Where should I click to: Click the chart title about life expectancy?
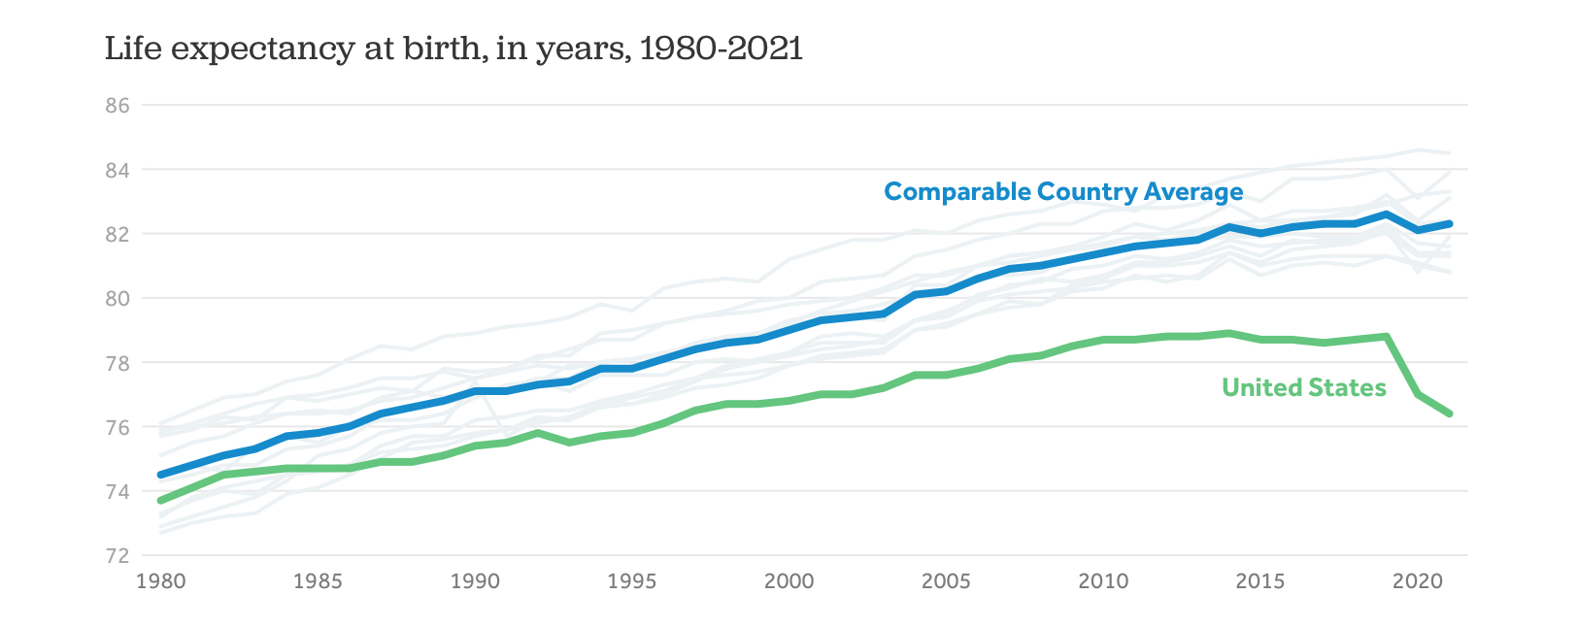[453, 49]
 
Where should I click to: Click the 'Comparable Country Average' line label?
[1063, 192]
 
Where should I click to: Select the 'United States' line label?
[1303, 388]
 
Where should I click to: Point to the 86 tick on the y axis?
[117, 106]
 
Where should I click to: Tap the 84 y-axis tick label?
[117, 171]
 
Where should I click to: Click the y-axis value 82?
[117, 235]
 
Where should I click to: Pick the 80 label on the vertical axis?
[117, 299]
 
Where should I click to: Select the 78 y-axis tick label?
[117, 364]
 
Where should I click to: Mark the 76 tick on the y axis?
[117, 428]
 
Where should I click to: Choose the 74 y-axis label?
[117, 492]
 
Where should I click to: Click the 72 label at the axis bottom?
[117, 556]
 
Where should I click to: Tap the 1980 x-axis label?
[160, 581]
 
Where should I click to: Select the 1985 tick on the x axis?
[318, 581]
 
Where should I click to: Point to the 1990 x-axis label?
[475, 581]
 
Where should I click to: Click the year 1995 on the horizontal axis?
[632, 581]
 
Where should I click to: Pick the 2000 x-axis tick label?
[789, 581]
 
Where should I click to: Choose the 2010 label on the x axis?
[1103, 581]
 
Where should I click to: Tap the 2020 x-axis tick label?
[1418, 581]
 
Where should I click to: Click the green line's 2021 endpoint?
[1450, 413]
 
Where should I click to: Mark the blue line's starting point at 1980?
[160, 475]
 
